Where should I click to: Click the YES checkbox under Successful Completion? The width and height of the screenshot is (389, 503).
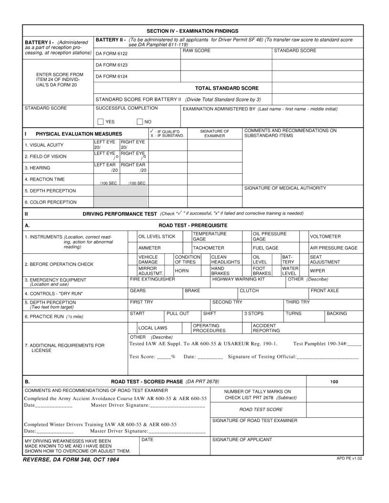101,121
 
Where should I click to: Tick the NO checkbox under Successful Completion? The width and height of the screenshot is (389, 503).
140,121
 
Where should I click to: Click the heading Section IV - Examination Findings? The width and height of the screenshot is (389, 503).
192,30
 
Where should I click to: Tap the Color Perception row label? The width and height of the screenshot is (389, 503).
51,202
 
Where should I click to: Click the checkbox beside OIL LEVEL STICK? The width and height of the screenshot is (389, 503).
132,237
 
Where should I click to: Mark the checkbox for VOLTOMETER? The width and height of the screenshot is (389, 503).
304,237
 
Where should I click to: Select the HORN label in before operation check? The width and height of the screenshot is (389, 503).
181,271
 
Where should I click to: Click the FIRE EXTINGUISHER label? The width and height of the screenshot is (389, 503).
152,280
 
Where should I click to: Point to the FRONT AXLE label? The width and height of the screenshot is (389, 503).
325,290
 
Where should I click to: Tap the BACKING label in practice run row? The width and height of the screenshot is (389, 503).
337,313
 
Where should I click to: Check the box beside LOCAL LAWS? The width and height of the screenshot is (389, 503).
132,328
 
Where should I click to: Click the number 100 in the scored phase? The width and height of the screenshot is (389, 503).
334,382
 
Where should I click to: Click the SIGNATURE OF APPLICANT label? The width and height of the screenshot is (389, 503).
242,440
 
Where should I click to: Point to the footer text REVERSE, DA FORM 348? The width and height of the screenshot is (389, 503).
71,460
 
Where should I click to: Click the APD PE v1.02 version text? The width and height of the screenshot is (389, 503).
349,458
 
